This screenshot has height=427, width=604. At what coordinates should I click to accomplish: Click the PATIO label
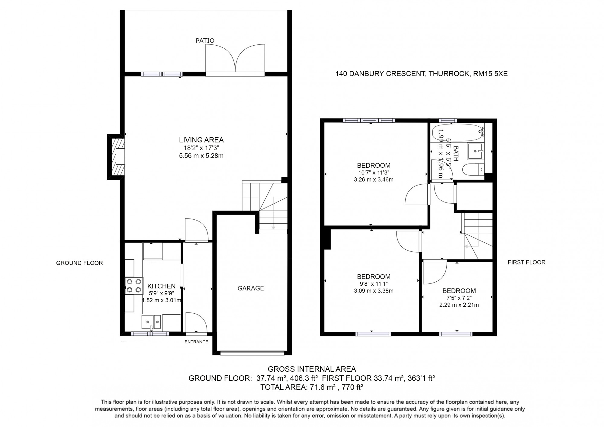(205, 40)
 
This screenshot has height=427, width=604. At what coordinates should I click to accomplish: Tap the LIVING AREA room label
(201, 140)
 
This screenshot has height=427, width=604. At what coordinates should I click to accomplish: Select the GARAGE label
(251, 288)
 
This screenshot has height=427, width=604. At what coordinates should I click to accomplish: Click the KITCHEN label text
(161, 286)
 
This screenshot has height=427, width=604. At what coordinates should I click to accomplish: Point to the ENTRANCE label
(197, 342)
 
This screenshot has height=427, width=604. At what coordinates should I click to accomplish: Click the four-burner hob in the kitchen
(134, 286)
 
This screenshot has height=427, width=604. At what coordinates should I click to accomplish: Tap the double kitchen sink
(152, 322)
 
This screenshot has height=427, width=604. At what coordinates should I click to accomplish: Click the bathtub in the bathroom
(458, 133)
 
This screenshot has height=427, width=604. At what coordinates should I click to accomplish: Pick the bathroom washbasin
(476, 151)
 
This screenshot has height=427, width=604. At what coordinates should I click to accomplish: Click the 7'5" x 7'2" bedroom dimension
(459, 298)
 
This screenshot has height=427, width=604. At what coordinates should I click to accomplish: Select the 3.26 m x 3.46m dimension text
(374, 180)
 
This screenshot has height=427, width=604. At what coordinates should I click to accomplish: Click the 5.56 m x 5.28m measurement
(201, 156)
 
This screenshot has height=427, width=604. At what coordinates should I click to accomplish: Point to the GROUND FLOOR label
(79, 263)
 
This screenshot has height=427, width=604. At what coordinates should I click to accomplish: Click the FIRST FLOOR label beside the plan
(527, 262)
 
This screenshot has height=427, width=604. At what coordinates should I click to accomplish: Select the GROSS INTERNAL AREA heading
(312, 369)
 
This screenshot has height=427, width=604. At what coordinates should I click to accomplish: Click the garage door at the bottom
(252, 352)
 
